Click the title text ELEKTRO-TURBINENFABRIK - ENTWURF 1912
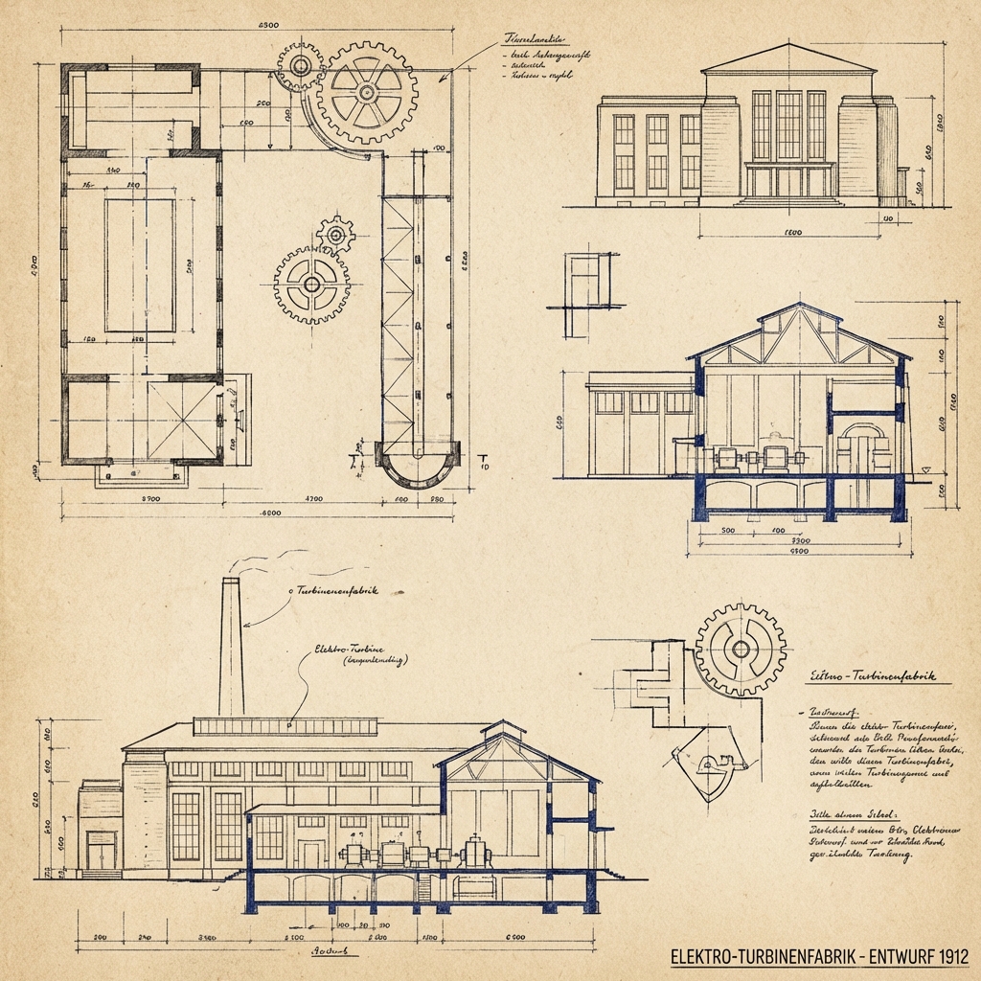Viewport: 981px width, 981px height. [x=820, y=956]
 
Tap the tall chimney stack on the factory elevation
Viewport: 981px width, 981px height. [x=231, y=651]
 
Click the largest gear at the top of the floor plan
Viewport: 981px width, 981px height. [x=368, y=92]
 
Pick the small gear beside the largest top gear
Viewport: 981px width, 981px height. [x=301, y=65]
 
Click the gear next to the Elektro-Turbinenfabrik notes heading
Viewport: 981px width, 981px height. [x=741, y=649]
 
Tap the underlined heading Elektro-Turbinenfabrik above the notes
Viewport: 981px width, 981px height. [x=872, y=676]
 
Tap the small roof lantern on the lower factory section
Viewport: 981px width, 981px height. [x=503, y=732]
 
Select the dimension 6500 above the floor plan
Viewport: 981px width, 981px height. [x=269, y=25]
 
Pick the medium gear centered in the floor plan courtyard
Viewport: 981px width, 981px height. [x=312, y=283]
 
